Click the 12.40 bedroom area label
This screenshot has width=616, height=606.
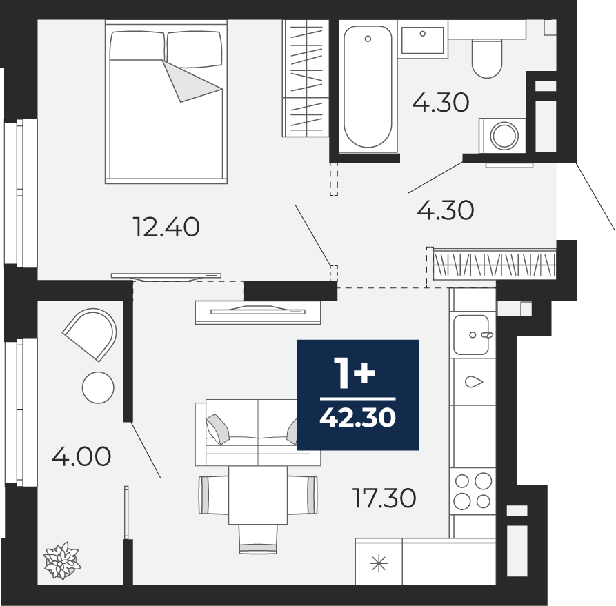(x=166, y=228)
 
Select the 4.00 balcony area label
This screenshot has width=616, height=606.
(x=81, y=456)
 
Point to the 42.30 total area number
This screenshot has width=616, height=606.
(x=357, y=417)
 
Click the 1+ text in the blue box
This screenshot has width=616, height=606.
(x=355, y=373)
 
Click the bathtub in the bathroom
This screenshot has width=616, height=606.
(x=368, y=87)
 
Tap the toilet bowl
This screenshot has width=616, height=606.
(x=487, y=59)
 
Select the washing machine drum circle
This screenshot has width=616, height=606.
(x=504, y=136)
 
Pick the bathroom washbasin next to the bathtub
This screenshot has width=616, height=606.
(x=423, y=39)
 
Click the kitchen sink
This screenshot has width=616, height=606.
(x=472, y=334)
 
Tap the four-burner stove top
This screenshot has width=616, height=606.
(x=473, y=492)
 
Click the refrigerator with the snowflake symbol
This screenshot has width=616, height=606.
(x=379, y=561)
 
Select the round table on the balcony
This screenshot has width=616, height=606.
(x=98, y=387)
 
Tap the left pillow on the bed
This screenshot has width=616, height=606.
(x=137, y=46)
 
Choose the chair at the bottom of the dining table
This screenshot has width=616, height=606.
(x=258, y=539)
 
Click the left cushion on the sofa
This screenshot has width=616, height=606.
(x=217, y=430)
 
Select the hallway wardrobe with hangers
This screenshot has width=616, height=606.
(x=495, y=264)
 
